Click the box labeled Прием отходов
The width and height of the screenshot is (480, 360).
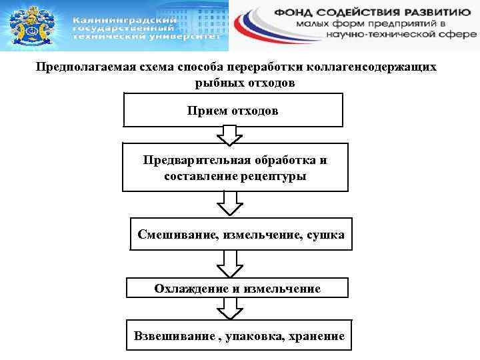[x=233, y=110]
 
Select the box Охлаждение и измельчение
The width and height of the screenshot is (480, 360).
[x=237, y=288]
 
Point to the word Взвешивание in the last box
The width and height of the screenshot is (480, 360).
[x=173, y=337]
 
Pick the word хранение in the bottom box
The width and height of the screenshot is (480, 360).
[x=316, y=337]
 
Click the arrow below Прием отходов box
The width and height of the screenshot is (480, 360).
[x=231, y=135]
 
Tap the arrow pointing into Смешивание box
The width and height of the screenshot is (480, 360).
[x=231, y=203]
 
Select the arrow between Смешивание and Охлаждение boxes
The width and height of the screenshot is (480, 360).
[x=231, y=264]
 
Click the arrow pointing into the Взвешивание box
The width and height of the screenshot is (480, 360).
[x=231, y=308]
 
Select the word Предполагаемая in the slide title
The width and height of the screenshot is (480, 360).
[x=81, y=68]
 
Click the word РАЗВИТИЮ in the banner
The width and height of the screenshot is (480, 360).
[x=440, y=11]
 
